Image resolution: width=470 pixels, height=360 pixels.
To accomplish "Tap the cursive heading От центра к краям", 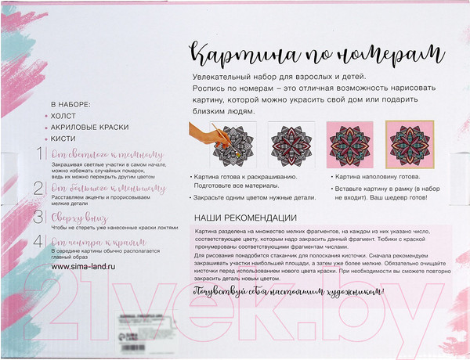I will coord(92,242).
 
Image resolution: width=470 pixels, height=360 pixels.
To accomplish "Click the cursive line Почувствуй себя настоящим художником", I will coord(289,292).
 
